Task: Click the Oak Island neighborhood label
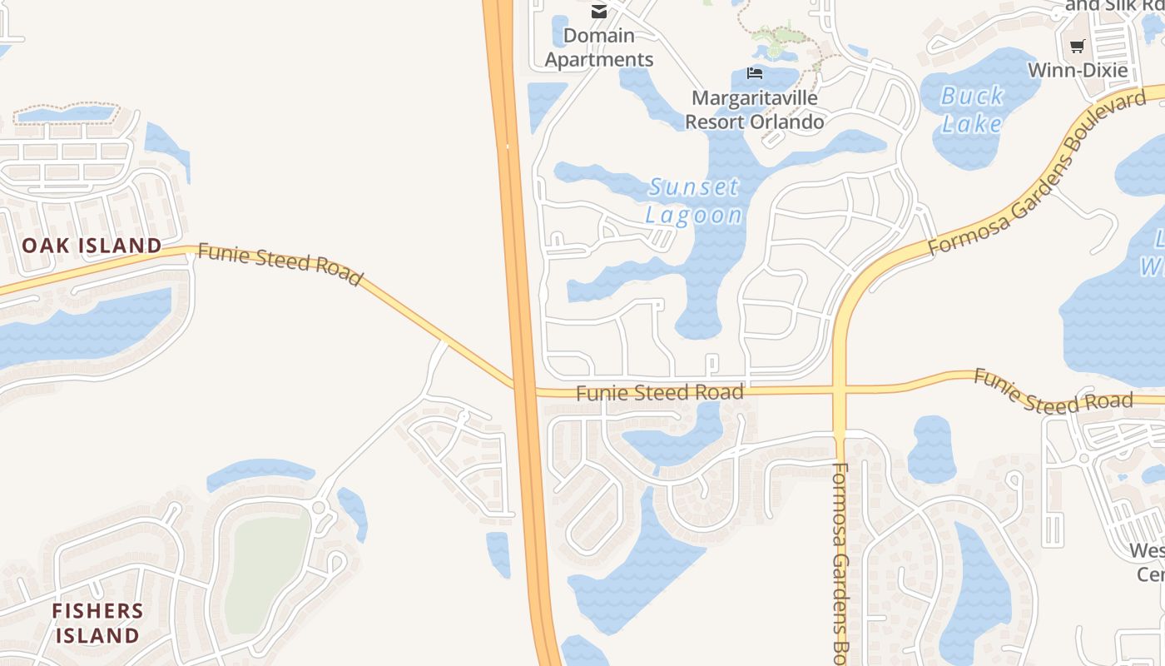(x=92, y=246)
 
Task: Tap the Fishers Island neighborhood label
(x=97, y=624)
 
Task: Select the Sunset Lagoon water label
(x=694, y=201)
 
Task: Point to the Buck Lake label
(x=972, y=110)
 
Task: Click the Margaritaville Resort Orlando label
(x=754, y=110)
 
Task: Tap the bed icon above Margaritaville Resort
(x=755, y=73)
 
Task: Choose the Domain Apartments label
(x=599, y=47)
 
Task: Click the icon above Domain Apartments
(x=598, y=11)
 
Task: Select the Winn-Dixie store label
(x=1078, y=70)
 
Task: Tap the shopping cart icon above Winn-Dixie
(x=1078, y=47)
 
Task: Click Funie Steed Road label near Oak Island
(x=280, y=264)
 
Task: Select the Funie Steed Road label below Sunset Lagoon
(x=659, y=392)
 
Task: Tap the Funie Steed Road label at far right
(x=1053, y=393)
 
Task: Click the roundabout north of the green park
(x=319, y=507)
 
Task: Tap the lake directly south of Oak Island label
(x=83, y=325)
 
